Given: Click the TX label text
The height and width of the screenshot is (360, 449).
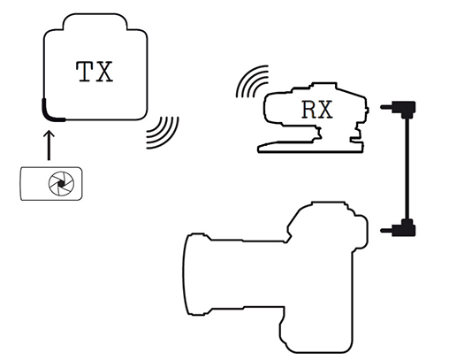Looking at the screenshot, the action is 95,72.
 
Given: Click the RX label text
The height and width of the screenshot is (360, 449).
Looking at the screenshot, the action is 317,110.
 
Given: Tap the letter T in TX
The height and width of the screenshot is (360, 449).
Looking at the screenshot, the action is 86,72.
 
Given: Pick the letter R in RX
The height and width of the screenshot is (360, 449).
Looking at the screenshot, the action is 309,110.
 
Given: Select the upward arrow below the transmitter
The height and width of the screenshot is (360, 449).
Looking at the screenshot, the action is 49,146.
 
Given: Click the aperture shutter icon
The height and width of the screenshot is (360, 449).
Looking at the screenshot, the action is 61,184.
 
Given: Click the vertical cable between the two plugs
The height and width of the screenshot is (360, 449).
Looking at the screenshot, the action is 407,169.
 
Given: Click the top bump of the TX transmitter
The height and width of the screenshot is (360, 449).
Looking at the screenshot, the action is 95,20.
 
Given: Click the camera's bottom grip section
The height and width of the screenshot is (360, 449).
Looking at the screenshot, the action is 316,330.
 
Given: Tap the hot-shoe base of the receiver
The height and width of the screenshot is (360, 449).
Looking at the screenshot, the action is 309,147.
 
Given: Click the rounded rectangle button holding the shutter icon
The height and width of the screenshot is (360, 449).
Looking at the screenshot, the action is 51,184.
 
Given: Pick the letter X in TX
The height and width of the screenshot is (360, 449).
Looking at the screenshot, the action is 105,72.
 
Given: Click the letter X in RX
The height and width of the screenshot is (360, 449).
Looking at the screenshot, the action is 325,110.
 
